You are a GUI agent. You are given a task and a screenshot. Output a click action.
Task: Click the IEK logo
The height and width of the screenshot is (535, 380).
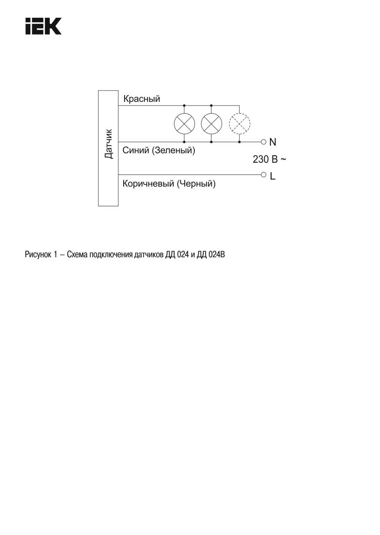click(43, 26)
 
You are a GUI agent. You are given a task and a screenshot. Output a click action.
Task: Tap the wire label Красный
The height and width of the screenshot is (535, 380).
click(142, 99)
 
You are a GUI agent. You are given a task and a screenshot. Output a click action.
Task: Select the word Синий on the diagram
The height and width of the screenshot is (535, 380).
click(136, 150)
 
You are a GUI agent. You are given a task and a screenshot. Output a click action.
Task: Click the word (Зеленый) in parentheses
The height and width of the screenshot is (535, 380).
click(173, 150)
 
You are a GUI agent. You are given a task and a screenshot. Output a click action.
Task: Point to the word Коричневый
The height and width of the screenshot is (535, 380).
click(148, 184)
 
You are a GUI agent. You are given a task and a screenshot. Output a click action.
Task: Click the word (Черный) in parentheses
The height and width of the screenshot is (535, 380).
click(196, 184)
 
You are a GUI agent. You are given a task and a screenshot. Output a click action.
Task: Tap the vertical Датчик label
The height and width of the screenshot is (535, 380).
click(109, 144)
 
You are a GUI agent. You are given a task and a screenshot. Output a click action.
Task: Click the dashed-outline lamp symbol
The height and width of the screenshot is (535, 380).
click(240, 124)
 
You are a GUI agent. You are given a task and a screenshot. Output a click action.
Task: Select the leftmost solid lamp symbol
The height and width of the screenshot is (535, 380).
click(184, 124)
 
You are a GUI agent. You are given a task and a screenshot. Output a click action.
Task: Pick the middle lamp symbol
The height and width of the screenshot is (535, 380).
click(211, 124)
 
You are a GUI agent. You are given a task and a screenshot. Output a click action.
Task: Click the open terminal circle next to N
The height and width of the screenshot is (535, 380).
click(264, 142)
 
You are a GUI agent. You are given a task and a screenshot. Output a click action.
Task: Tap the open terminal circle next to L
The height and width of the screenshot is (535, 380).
click(264, 175)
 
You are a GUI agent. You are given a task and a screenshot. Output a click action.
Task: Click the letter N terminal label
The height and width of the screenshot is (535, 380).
click(273, 142)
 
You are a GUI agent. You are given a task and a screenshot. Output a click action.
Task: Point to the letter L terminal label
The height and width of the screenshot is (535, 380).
click(273, 176)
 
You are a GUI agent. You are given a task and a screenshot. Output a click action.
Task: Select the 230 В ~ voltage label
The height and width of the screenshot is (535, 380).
click(269, 159)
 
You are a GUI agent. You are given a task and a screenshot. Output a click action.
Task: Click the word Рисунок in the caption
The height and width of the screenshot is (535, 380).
click(38, 255)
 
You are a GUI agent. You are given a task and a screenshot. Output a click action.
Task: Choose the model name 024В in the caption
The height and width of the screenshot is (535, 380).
click(217, 255)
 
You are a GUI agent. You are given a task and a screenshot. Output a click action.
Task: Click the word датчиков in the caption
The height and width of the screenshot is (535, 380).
click(149, 255)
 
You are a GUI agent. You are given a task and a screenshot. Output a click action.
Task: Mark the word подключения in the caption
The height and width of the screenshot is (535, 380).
click(111, 255)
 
